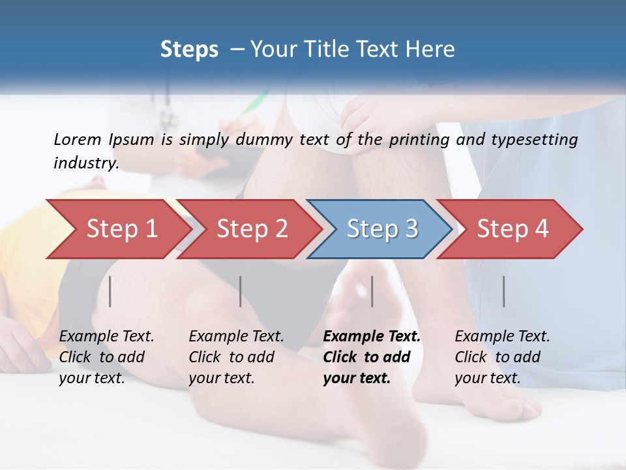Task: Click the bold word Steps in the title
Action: (x=189, y=50)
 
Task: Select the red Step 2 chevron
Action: (x=251, y=229)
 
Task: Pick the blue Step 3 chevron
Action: (x=381, y=229)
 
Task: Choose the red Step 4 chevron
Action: (x=512, y=229)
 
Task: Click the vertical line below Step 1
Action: (x=110, y=291)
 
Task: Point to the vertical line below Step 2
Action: (x=241, y=291)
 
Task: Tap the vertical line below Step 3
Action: (x=372, y=291)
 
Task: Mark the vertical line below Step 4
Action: (x=504, y=291)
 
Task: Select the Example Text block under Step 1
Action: (x=106, y=357)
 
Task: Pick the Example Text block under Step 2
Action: (x=236, y=357)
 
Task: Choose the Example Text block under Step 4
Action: (x=502, y=357)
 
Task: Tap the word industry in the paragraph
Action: (x=86, y=163)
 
